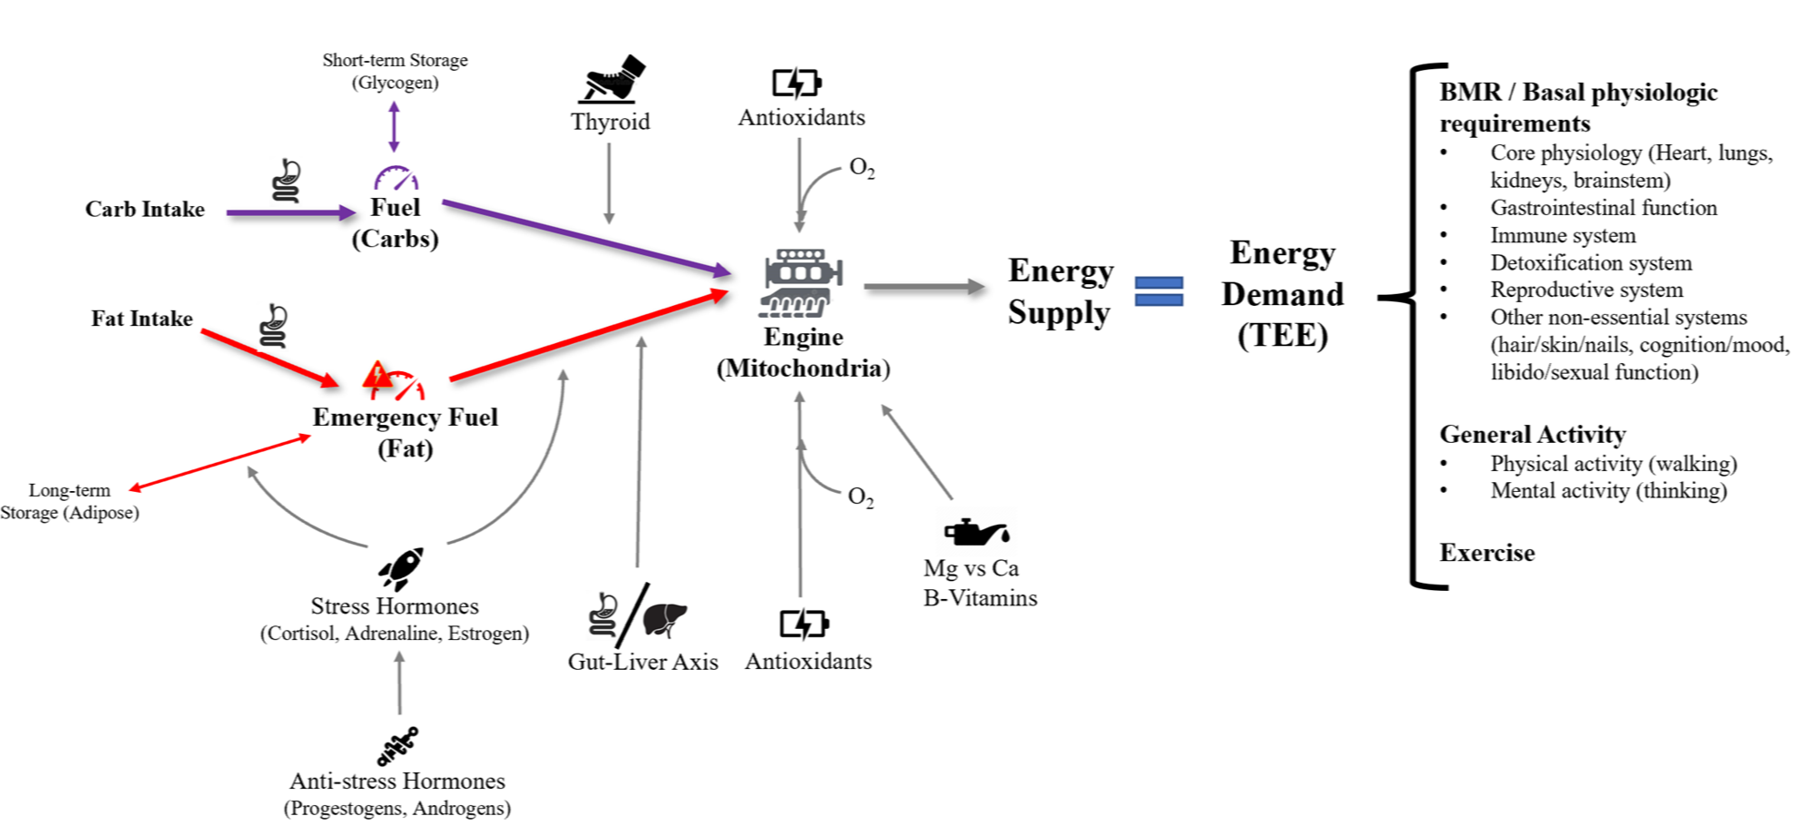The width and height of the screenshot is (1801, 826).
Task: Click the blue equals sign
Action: (1159, 291)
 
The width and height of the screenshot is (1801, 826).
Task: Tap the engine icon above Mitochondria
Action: (802, 283)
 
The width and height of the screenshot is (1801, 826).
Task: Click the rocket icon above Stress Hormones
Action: (401, 569)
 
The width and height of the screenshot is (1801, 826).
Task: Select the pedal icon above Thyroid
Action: (611, 80)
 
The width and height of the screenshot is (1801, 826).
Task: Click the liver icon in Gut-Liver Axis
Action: (665, 619)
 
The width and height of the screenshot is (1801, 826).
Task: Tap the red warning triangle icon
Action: (377, 375)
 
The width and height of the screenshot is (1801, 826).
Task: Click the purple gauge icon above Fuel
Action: (396, 177)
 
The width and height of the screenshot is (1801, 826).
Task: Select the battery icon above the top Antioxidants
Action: (796, 83)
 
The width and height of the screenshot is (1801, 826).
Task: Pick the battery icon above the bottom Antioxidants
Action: (804, 624)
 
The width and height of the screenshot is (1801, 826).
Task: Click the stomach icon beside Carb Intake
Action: (287, 181)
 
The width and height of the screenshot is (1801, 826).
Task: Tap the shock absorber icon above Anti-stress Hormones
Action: (397, 746)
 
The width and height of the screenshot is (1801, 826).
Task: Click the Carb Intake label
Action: (145, 210)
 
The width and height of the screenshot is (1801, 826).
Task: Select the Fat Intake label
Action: (142, 319)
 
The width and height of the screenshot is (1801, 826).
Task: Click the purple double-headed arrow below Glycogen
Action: (394, 126)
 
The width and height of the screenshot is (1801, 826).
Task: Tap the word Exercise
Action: (1487, 553)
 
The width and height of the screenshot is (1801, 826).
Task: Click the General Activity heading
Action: (1532, 434)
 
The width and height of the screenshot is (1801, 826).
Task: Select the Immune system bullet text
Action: (1562, 236)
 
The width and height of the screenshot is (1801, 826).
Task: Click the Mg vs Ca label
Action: (971, 568)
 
